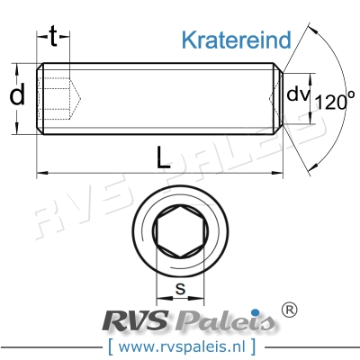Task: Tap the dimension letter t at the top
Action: point(55,36)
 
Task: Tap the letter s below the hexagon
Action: point(179,289)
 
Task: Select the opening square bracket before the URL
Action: point(110,345)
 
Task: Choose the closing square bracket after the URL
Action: point(253,345)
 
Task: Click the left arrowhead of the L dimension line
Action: point(41,172)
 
